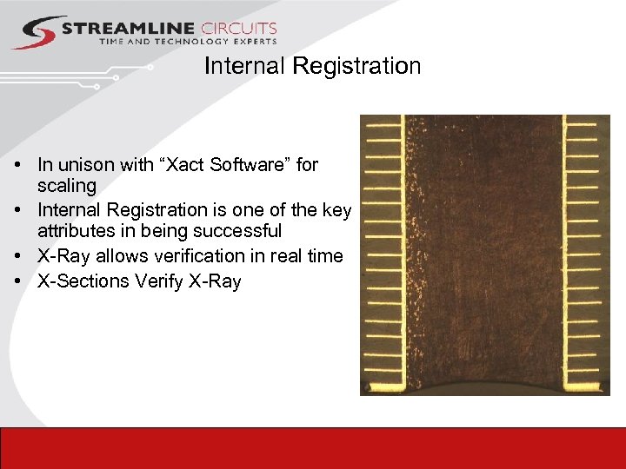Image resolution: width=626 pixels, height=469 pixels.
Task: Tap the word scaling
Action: click(x=66, y=186)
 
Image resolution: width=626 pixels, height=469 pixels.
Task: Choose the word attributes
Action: click(x=75, y=231)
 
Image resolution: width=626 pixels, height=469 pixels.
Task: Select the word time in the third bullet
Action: click(x=325, y=256)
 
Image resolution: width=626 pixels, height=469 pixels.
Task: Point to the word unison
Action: click(x=83, y=164)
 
